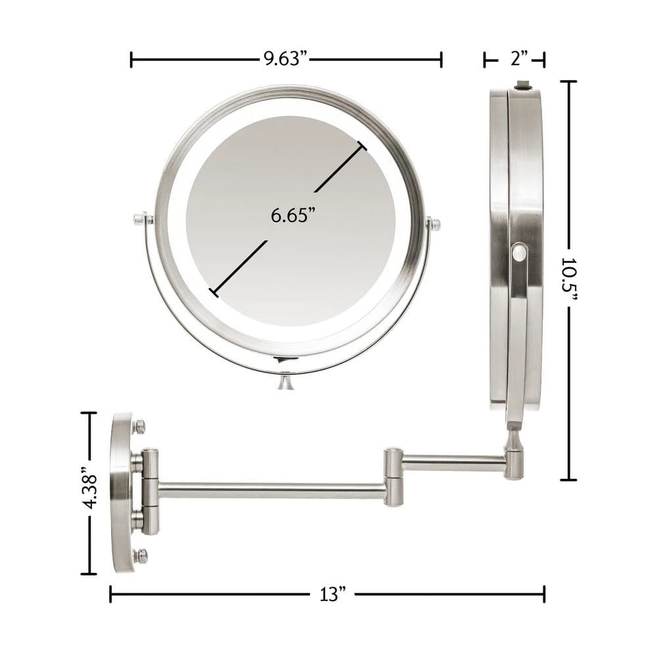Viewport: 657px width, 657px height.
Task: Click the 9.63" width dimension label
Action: coord(286,58)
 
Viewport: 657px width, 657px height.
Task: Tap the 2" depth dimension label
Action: coord(519,58)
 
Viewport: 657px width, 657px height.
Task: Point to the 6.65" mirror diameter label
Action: coord(292,215)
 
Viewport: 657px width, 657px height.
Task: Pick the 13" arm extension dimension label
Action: coord(333,594)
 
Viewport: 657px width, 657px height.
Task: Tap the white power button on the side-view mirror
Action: coord(518,253)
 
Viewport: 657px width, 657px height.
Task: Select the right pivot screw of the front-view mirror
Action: coord(434,224)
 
